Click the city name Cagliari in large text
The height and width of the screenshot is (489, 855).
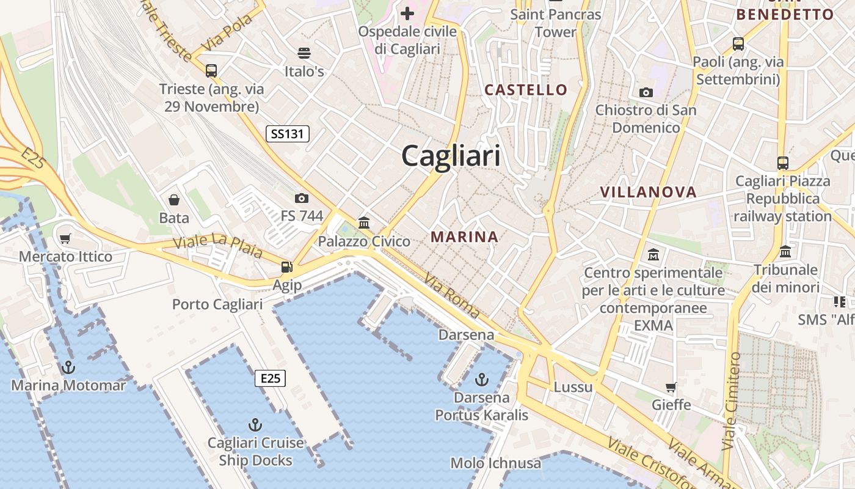(451, 156)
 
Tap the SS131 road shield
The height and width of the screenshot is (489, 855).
(288, 134)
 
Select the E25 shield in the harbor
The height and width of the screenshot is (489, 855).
(270, 378)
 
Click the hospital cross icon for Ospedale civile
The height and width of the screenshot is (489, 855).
(407, 13)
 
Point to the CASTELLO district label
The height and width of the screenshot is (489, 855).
(526, 90)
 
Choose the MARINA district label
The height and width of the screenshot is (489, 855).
(464, 237)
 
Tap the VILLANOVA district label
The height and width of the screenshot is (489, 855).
(648, 192)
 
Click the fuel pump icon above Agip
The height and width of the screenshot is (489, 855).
(286, 267)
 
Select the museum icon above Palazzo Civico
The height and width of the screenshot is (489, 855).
(364, 222)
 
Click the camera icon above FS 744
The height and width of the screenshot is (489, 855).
(301, 198)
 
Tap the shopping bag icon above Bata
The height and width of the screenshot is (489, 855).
(174, 200)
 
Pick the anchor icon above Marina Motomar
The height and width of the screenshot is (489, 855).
(68, 367)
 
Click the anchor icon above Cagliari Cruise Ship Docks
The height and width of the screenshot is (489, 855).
(255, 424)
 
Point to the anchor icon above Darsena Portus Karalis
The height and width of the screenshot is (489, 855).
(482, 380)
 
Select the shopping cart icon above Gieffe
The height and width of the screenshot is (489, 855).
(671, 387)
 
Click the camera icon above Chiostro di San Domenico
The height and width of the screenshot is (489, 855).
(646, 92)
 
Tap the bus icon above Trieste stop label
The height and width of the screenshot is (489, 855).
(211, 70)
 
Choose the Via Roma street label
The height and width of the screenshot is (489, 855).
(451, 295)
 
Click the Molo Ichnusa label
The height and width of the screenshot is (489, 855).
(495, 463)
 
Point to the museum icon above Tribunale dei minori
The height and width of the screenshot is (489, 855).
(785, 251)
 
